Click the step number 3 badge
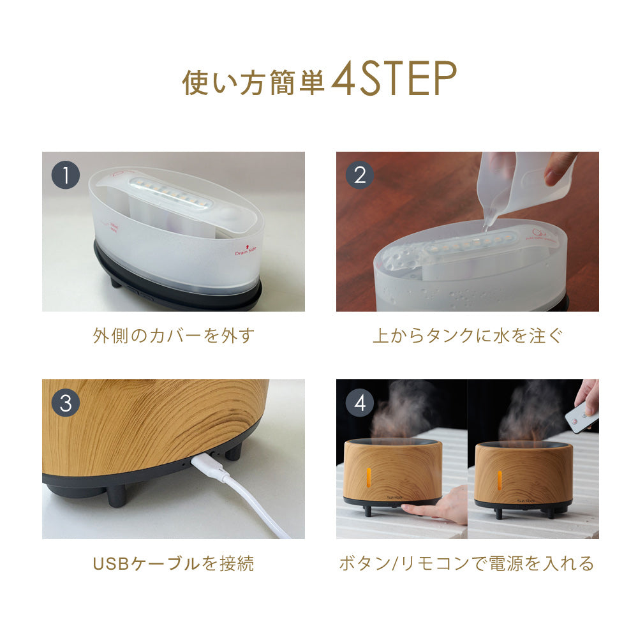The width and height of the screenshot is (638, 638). pos(65,403)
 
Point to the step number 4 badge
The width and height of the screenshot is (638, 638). pos(360,403)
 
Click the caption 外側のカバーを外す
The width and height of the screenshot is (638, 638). pos(173,336)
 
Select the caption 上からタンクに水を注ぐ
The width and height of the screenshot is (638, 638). pos(468,336)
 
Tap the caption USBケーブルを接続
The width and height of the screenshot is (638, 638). pos(173,563)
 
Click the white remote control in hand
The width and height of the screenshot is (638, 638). pos(581,419)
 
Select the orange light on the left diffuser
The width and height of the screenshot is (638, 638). pos(368,477)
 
